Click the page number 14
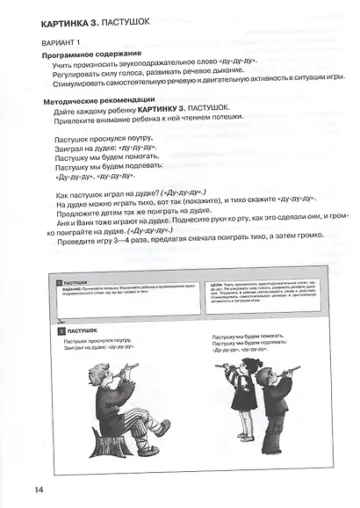(15, 490)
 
